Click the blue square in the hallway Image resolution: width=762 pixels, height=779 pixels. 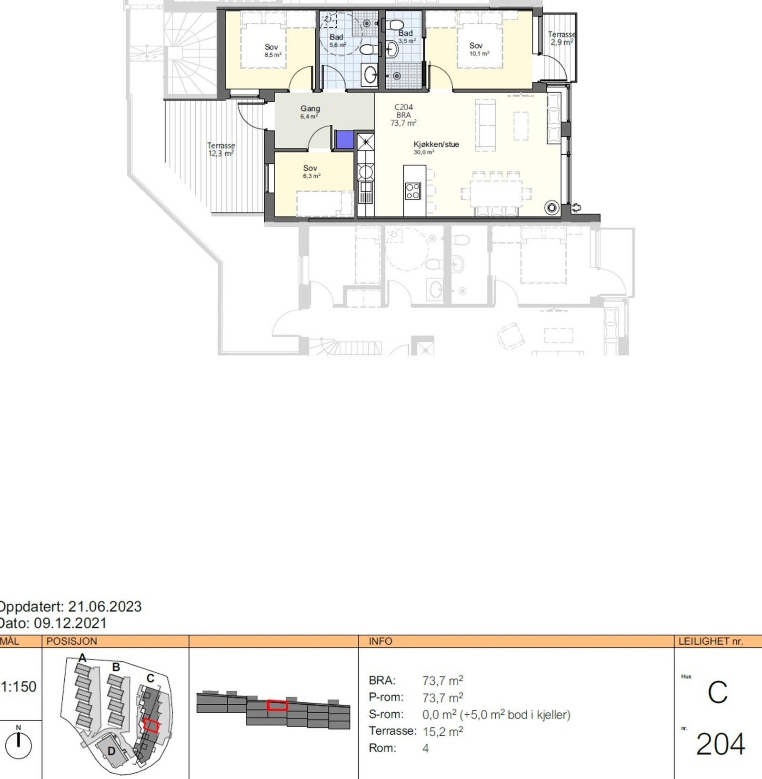345,140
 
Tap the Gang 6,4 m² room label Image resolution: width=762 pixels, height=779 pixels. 310,112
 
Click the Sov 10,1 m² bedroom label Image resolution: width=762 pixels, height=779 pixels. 477,49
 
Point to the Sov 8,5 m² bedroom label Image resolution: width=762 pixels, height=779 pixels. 272,50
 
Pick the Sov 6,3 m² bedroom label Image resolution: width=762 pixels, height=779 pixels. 311,171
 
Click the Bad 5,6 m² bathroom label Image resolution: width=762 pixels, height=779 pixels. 337,40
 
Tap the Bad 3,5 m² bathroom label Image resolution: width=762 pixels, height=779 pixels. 406,36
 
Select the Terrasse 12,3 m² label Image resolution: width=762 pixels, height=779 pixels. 221,150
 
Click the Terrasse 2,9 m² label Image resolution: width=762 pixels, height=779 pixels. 561,38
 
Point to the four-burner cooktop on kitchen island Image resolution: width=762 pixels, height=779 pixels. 412,191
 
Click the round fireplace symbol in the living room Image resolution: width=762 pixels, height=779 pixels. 552,208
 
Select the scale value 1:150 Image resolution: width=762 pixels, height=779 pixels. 19,687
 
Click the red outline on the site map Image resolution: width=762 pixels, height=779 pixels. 151,725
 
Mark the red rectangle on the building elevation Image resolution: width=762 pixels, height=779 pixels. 277,705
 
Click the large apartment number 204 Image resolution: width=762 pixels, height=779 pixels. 720,744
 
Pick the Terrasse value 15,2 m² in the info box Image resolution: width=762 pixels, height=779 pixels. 442,731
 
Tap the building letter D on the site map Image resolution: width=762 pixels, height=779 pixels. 111,751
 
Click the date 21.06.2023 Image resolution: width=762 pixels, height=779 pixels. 105,607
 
